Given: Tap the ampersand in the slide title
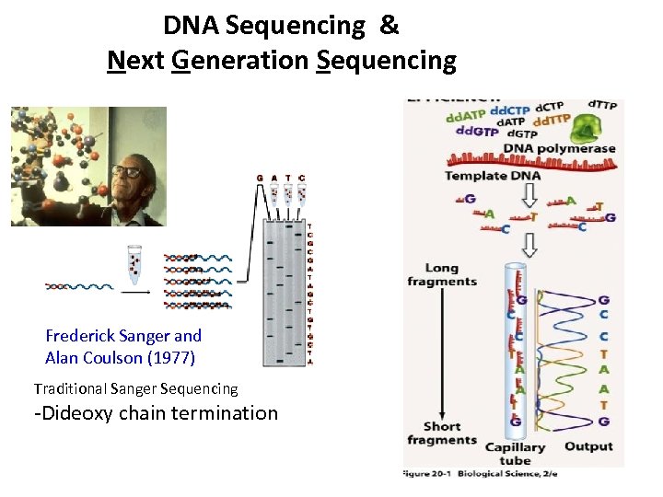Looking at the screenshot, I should pos(389,25).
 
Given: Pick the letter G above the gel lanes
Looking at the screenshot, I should pos(260,178).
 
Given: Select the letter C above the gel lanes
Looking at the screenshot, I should pos(303,178).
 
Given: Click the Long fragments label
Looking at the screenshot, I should pos(442,275).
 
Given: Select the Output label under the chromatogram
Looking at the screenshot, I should pos(588,446).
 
